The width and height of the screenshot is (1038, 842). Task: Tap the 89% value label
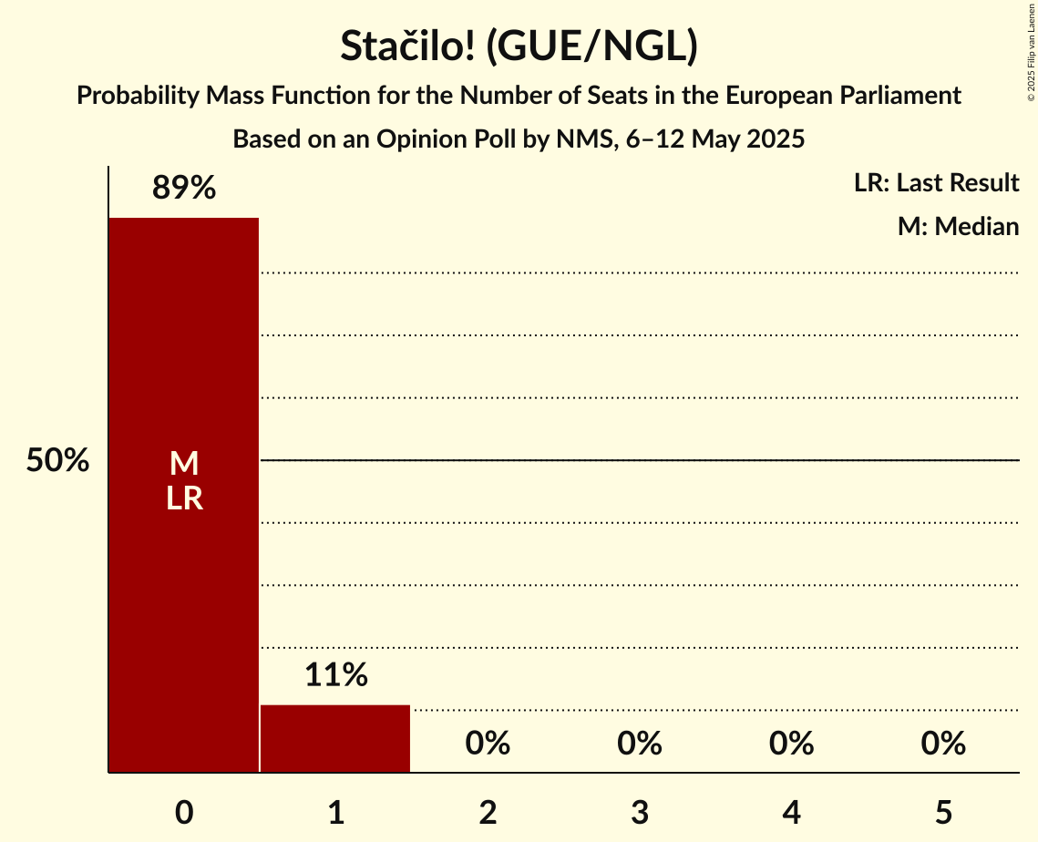click(183, 189)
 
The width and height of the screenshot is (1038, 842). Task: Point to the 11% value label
click(335, 675)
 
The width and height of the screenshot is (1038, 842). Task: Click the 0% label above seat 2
click(488, 744)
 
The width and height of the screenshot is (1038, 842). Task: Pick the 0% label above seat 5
click(943, 744)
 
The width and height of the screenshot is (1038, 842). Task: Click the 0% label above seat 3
click(640, 744)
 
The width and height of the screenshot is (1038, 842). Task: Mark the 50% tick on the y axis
click(57, 461)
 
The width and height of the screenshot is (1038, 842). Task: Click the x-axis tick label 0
click(183, 812)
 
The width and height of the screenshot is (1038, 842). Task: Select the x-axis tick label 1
click(335, 812)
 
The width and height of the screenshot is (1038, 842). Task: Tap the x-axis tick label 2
click(488, 812)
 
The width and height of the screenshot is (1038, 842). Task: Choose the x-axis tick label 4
click(791, 812)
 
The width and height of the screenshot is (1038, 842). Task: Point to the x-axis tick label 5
click(943, 812)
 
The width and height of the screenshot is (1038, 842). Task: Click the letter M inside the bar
click(183, 464)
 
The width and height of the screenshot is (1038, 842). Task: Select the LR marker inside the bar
click(183, 498)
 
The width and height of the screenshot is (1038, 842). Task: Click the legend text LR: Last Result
click(936, 183)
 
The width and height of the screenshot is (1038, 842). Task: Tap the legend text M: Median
click(958, 226)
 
